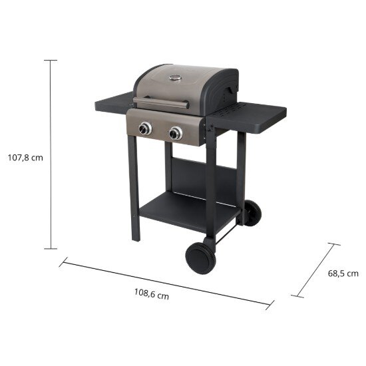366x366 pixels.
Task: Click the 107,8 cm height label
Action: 25,158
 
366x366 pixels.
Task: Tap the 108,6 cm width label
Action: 152,294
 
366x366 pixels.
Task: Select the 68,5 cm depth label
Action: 343,274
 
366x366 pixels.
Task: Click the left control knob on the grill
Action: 145,128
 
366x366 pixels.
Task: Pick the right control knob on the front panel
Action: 176,133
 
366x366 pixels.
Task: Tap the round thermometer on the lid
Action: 175,77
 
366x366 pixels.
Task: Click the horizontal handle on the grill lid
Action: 161,102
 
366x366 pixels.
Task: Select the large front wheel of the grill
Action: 200,258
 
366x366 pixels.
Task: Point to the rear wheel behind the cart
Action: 253,213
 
